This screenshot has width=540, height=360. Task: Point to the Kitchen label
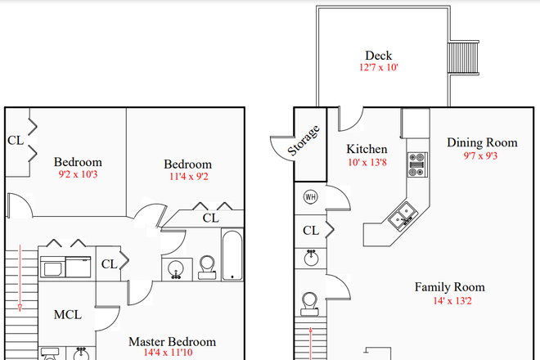click(x=367, y=149)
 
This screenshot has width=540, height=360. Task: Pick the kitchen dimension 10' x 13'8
click(x=367, y=162)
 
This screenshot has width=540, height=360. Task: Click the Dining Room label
click(x=482, y=142)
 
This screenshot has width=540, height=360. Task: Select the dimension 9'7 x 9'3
click(x=482, y=155)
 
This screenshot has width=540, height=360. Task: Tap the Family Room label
click(x=449, y=287)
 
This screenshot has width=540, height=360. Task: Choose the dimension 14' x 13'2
click(x=449, y=300)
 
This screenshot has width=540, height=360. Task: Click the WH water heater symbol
click(x=310, y=196)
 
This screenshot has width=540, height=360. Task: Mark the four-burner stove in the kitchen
click(x=417, y=163)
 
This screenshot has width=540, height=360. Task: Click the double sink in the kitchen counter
click(x=403, y=217)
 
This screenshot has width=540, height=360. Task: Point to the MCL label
click(x=67, y=315)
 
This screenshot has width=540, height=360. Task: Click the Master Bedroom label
click(x=172, y=341)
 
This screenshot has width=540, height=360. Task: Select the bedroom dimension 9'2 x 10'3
click(x=78, y=174)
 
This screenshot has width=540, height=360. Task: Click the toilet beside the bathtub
click(x=206, y=266)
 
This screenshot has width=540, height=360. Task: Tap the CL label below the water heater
click(x=310, y=231)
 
